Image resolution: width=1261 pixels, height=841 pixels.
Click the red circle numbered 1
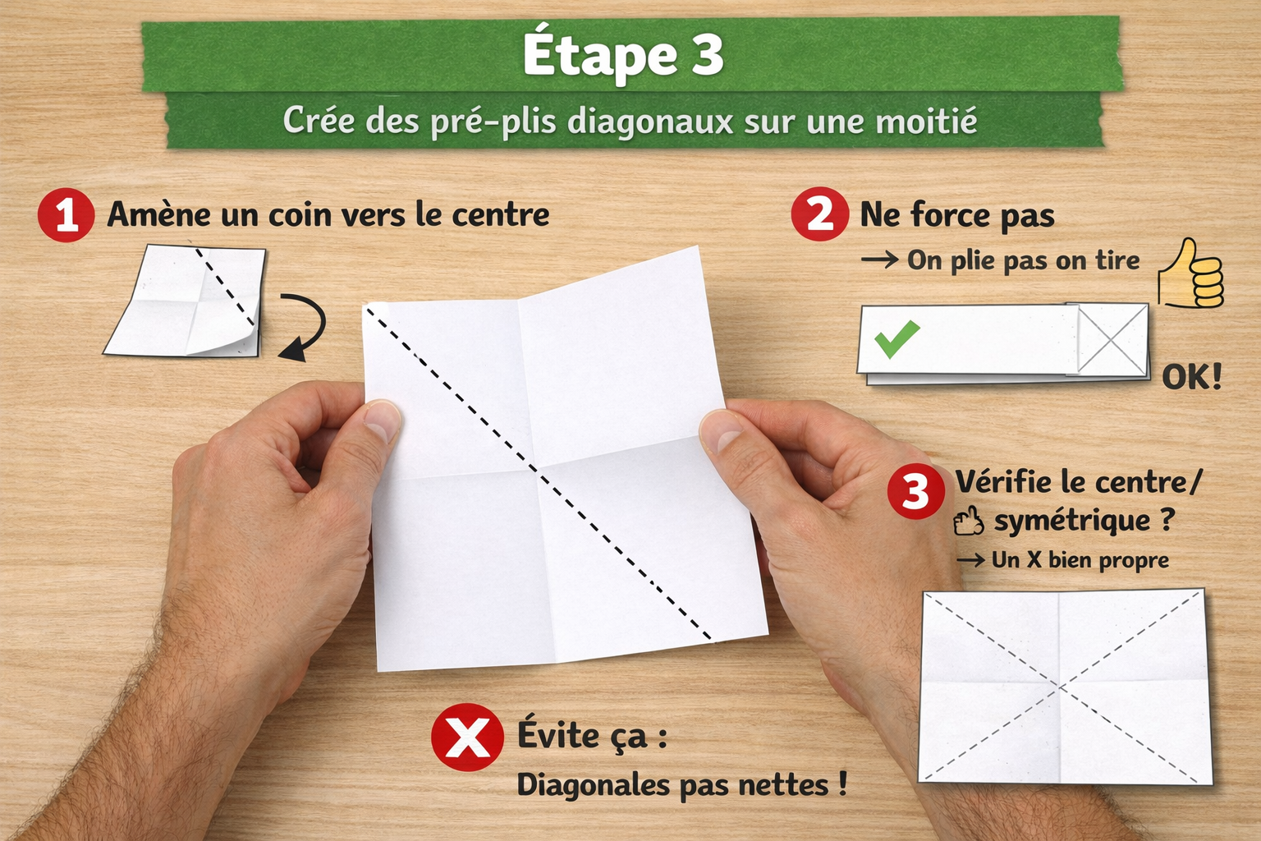[66, 215]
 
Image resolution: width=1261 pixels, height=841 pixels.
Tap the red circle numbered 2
[819, 214]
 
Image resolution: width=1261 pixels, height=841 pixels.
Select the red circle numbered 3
[915, 491]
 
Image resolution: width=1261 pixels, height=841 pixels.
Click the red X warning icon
[467, 737]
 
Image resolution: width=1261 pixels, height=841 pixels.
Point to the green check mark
[896, 338]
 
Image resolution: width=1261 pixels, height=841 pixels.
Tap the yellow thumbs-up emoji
[1190, 275]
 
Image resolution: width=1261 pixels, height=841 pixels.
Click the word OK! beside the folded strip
[1191, 377]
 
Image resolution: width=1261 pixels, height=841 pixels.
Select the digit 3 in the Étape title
[705, 56]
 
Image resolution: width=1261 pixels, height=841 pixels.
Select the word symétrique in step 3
[1072, 521]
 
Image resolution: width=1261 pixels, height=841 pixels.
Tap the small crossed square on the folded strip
[1112, 339]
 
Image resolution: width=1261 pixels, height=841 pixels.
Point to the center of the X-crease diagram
[1060, 685]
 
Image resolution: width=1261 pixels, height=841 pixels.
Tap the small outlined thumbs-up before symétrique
[969, 521]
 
